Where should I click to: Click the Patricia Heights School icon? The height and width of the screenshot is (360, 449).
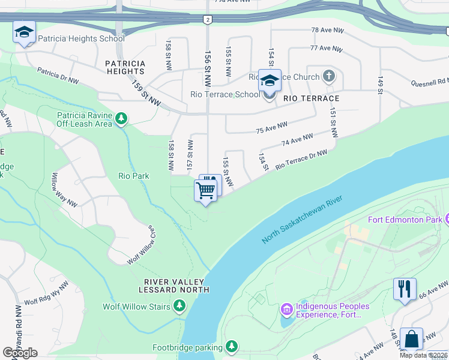[24, 32]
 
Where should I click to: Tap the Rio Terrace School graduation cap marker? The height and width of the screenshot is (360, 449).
[270, 80]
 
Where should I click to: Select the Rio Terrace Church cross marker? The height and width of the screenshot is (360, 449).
[328, 76]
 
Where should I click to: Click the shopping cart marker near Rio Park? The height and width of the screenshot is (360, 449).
[205, 191]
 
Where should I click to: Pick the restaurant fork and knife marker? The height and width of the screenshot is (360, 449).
[405, 289]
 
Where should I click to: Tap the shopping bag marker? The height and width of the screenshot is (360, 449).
[411, 339]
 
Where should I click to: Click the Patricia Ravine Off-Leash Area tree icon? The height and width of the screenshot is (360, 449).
[122, 119]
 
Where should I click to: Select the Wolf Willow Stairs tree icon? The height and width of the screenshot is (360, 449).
[179, 307]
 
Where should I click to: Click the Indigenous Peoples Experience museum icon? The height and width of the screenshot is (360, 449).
[286, 310]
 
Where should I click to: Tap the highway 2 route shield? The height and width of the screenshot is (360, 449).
[207, 20]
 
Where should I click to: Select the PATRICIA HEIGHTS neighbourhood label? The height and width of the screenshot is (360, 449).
[125, 67]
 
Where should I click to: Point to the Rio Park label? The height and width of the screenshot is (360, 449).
[133, 176]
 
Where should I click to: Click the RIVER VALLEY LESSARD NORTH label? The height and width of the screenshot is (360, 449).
[174, 286]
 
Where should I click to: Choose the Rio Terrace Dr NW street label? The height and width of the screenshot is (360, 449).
[301, 160]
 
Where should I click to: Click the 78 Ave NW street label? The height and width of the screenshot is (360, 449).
[327, 30]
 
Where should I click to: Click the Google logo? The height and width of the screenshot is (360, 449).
[20, 353]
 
